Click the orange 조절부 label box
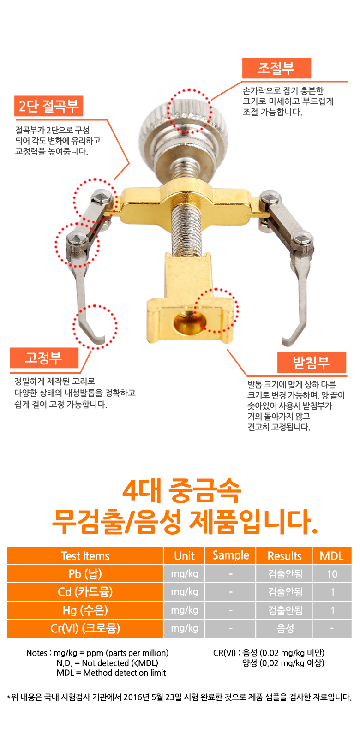point(276,68)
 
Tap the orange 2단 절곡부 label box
point(48,106)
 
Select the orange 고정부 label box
point(44,358)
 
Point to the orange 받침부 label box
point(312,363)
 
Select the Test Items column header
point(85,556)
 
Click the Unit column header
point(184,556)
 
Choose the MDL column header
point(332,556)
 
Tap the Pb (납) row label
point(85,574)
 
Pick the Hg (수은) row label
point(85,610)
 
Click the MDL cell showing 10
point(332,574)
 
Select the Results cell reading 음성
point(284,628)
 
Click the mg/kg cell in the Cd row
point(184,592)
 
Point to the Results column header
point(284,556)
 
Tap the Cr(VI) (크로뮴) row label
point(85,628)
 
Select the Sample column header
point(231,556)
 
